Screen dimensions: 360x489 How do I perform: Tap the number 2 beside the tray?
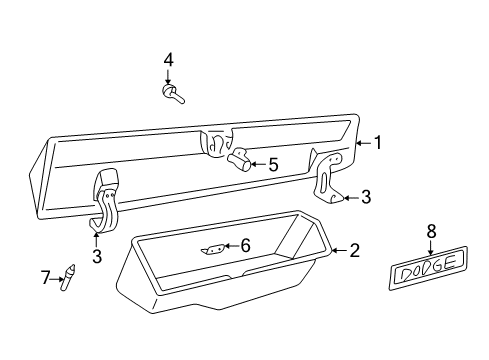(353, 250)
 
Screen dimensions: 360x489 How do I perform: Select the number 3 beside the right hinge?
(365, 198)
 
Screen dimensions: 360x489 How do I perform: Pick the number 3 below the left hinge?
(96, 257)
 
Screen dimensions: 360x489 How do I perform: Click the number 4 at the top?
(168, 60)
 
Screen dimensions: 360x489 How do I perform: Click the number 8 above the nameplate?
(432, 231)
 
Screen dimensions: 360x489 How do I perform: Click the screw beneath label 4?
(171, 95)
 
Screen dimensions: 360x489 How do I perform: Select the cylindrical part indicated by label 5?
(239, 160)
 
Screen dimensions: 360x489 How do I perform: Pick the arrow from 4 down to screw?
(168, 76)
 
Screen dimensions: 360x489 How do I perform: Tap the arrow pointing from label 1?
(362, 143)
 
